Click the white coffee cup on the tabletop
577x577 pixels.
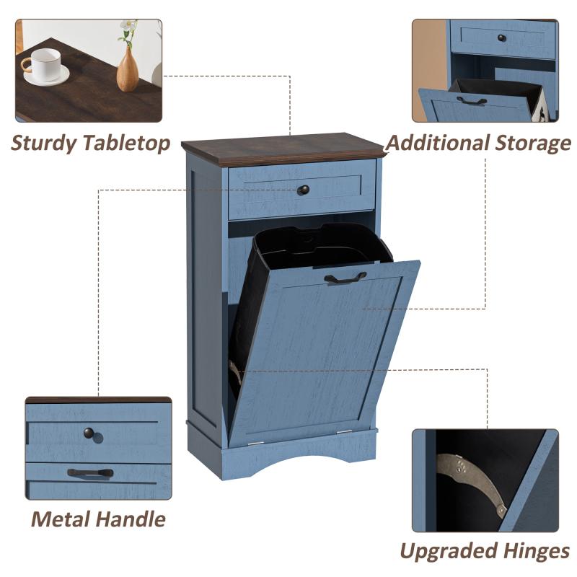point(45,64)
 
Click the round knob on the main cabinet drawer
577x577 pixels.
point(304,190)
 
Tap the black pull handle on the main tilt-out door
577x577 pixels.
point(345,278)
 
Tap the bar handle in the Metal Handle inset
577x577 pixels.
point(91,473)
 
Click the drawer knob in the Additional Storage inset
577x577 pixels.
point(502,38)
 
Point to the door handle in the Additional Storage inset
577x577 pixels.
point(472,100)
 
